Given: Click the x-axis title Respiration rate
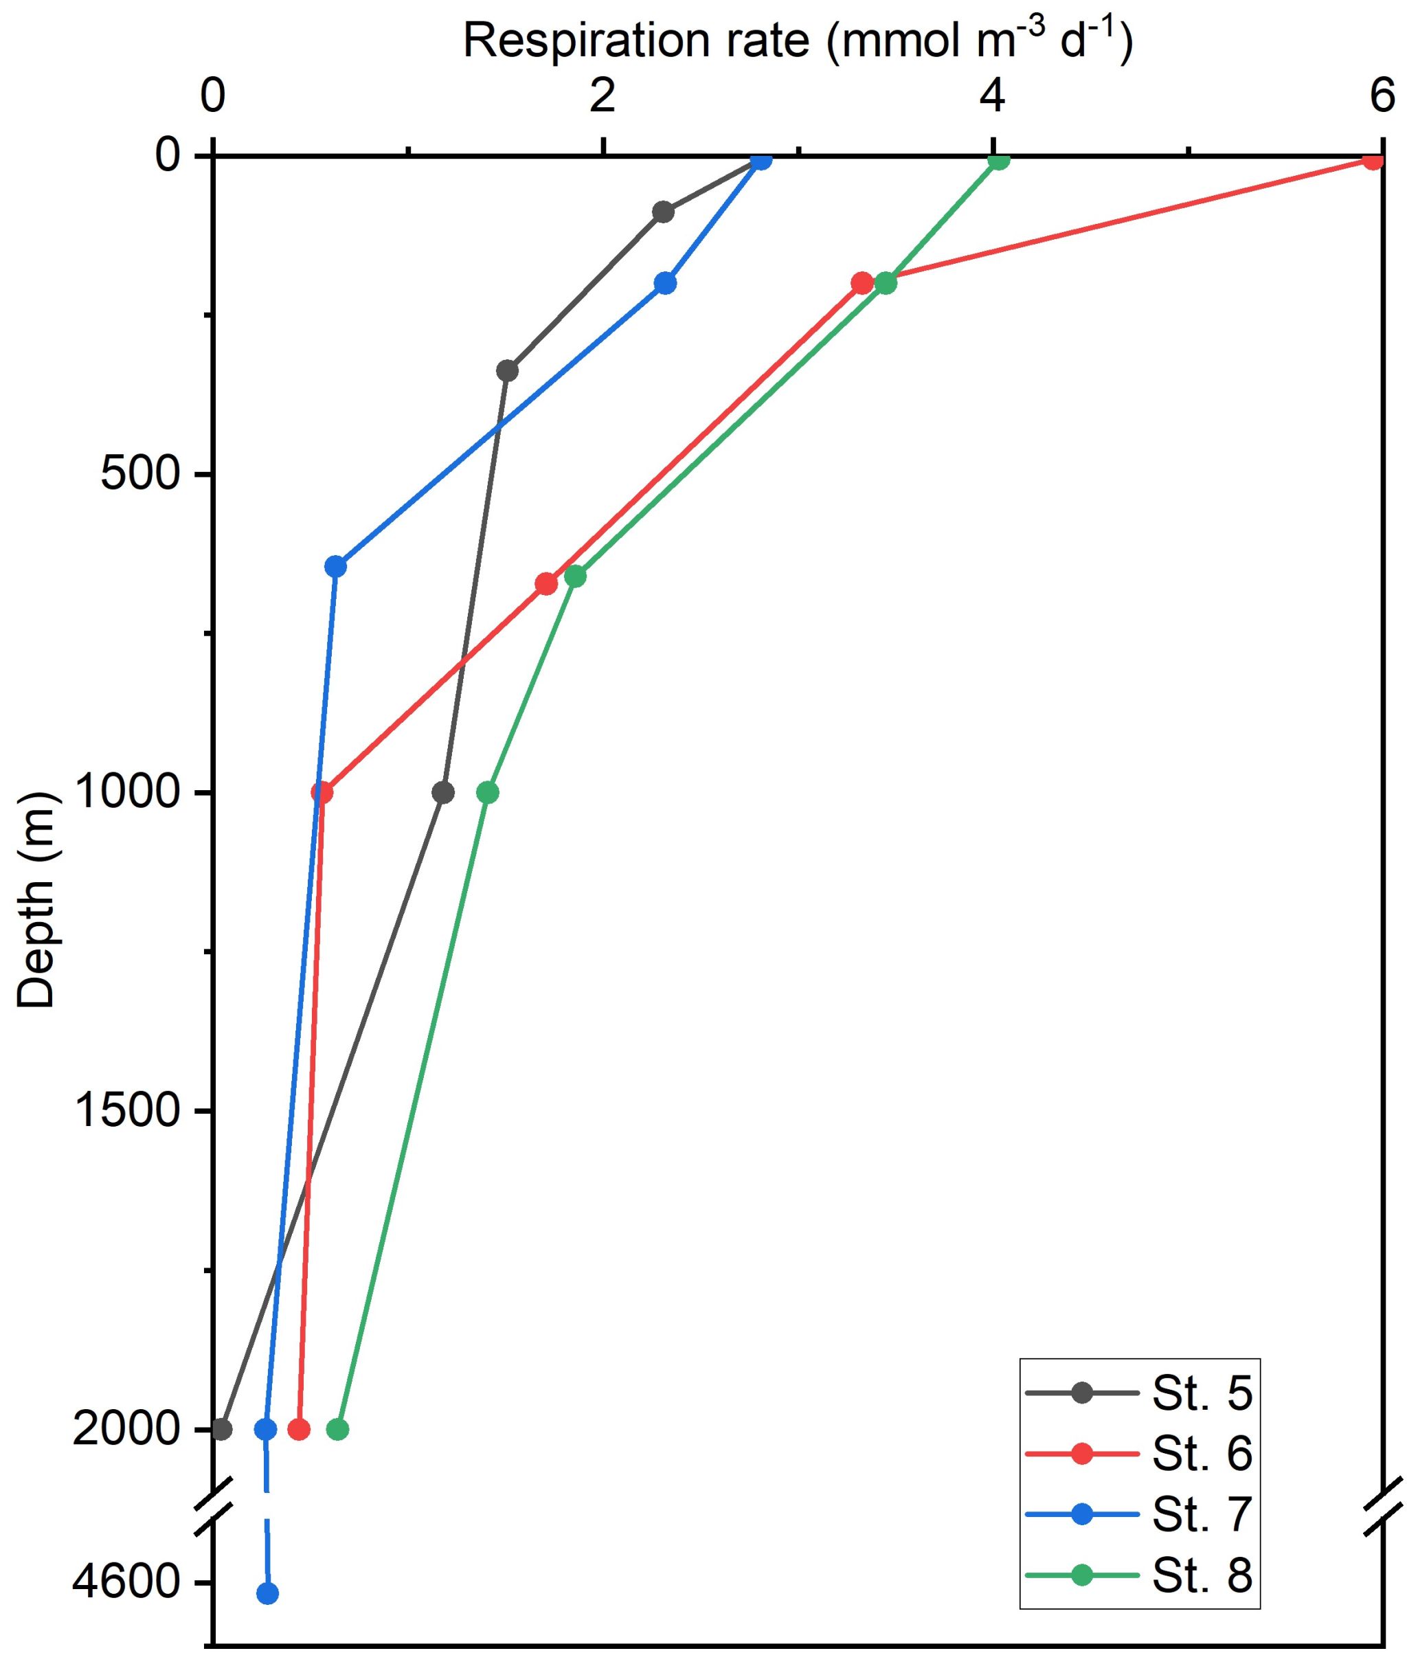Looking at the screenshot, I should [798, 41].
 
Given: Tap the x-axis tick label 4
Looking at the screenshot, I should [992, 97].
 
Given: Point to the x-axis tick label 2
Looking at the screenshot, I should [604, 97].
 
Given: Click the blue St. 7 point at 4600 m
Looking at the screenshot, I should [267, 1594].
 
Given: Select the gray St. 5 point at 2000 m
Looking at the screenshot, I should [222, 1429].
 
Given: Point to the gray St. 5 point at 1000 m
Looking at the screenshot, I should [444, 792].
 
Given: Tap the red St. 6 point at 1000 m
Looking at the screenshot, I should [322, 792].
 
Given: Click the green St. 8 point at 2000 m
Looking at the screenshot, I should [337, 1429].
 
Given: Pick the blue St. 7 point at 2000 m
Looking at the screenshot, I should [266, 1429].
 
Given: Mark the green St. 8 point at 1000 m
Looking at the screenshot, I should [487, 792].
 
